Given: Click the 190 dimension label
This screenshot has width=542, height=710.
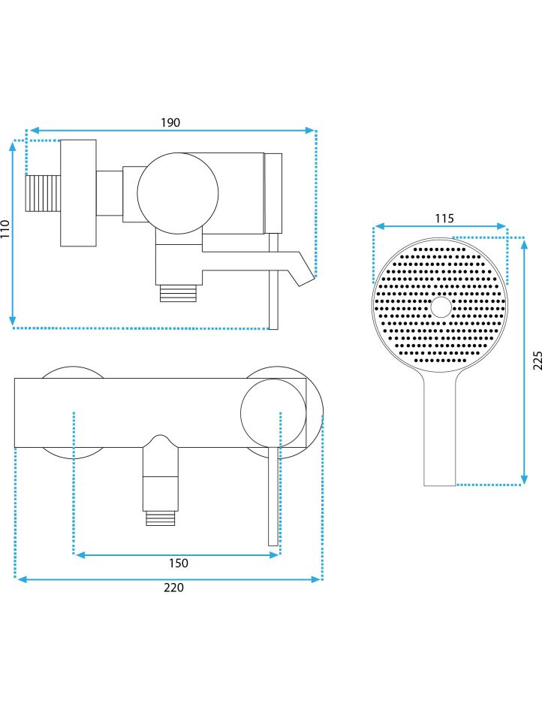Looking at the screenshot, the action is pyautogui.click(x=170, y=122).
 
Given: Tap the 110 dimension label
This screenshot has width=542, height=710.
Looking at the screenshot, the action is pyautogui.click(x=5, y=229).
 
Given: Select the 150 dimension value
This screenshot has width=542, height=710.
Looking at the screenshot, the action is pyautogui.click(x=178, y=563).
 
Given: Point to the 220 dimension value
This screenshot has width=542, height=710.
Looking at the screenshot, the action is pyautogui.click(x=173, y=588).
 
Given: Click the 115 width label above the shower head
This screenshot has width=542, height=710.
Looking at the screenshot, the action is pyautogui.click(x=444, y=218).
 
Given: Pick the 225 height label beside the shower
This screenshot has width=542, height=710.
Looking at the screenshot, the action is pyautogui.click(x=537, y=361).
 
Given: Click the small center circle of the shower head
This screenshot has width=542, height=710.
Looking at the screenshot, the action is pyautogui.click(x=441, y=307).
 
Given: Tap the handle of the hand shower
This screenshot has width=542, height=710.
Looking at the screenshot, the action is pyautogui.click(x=440, y=429).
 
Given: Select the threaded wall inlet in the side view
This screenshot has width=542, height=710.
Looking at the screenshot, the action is pyautogui.click(x=43, y=193).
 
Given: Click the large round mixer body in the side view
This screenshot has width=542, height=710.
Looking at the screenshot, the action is pyautogui.click(x=178, y=193).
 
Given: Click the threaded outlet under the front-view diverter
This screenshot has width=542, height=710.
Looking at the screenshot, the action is pyautogui.click(x=161, y=518).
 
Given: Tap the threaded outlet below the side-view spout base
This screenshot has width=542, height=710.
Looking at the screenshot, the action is pyautogui.click(x=178, y=294).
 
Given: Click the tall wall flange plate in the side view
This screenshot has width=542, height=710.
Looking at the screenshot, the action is pyautogui.click(x=78, y=193).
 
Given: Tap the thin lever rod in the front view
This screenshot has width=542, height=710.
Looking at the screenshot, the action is pyautogui.click(x=273, y=497).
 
